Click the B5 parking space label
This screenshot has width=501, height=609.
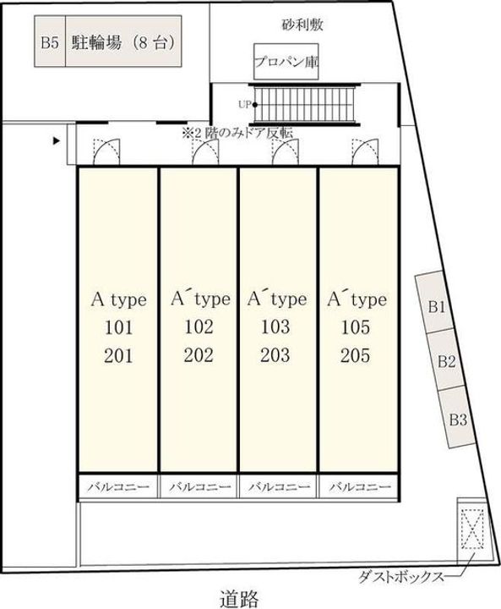point(50,42)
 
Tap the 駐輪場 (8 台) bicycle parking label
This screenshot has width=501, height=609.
point(123,42)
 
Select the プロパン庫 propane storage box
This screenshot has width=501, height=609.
point(286,62)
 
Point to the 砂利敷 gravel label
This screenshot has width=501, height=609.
point(302,25)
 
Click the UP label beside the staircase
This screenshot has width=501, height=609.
point(244,105)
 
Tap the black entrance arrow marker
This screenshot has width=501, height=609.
point(57,141)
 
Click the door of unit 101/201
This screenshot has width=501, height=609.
point(106,151)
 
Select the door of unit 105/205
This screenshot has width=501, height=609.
point(365,151)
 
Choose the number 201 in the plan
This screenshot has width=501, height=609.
point(118,356)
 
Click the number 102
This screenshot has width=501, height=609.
point(199,326)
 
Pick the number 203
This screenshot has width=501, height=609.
point(275,355)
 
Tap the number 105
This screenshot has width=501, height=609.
point(356,327)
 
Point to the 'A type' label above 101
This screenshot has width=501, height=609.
point(119,299)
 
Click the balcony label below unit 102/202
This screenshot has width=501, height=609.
point(199,486)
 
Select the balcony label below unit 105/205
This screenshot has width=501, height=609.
point(360,486)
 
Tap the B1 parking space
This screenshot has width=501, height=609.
point(434,302)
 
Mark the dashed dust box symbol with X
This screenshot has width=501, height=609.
point(472,529)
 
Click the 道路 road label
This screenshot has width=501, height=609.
point(239,598)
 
